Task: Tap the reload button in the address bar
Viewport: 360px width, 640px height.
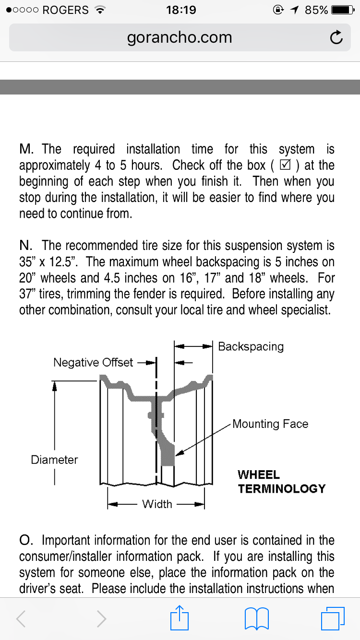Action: (x=336, y=37)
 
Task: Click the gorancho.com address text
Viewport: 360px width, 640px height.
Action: (x=180, y=37)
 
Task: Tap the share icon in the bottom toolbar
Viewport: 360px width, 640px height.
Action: (x=180, y=618)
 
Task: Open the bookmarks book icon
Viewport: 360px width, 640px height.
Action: (x=256, y=618)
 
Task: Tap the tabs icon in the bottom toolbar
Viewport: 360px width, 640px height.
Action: (x=332, y=618)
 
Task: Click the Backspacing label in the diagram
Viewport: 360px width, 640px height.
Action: (x=251, y=346)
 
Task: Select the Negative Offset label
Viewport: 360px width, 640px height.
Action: (x=93, y=362)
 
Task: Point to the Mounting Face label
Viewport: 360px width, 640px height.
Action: (x=270, y=424)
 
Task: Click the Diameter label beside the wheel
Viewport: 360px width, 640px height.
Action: (x=54, y=460)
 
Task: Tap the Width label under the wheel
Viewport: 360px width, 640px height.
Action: (x=157, y=504)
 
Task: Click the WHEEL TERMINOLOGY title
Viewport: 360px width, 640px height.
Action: (x=281, y=482)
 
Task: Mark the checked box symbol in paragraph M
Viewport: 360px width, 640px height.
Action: (x=285, y=166)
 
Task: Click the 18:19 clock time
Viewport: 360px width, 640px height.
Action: (x=181, y=10)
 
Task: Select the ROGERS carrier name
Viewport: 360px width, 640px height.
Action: (x=65, y=10)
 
